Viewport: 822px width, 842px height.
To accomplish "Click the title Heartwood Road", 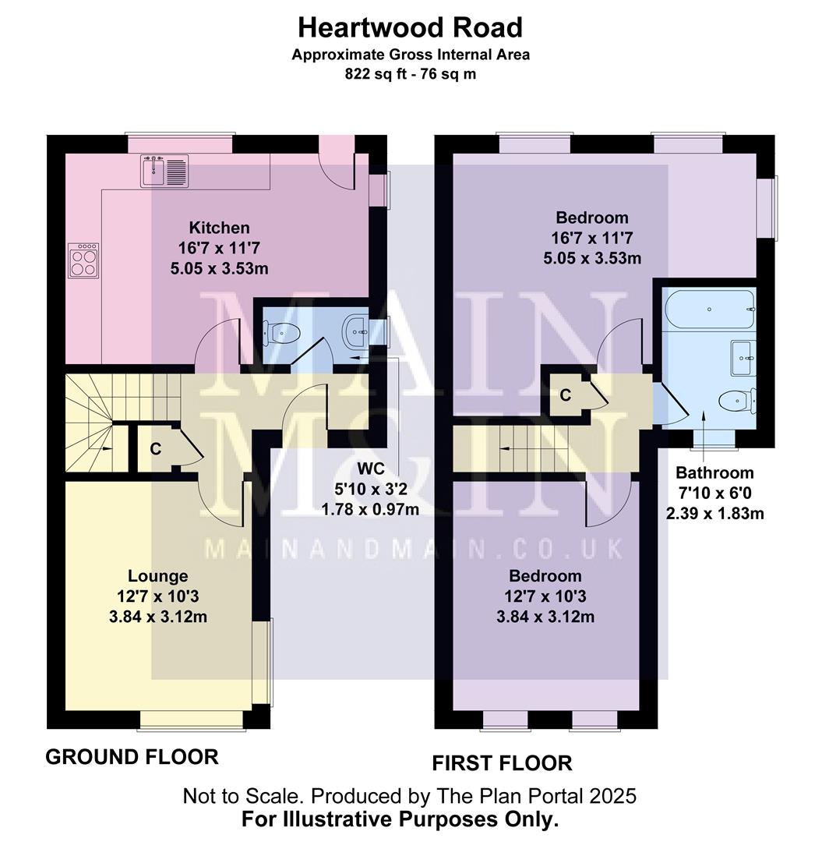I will click(x=411, y=28).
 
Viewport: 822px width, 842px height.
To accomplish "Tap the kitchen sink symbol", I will click(x=164, y=171).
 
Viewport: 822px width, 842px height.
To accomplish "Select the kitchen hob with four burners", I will click(x=85, y=260).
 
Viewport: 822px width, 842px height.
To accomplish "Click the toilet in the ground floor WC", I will click(x=281, y=333).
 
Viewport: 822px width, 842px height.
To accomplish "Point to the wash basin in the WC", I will click(x=358, y=331).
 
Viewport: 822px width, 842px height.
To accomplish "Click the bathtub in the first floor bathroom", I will click(x=710, y=309).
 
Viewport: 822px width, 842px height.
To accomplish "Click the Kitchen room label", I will click(x=220, y=228).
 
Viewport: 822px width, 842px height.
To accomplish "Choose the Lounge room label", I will click(x=158, y=576).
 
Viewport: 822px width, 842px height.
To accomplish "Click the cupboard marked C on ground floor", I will click(x=155, y=449).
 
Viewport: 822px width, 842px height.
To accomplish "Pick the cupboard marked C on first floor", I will click(x=566, y=395).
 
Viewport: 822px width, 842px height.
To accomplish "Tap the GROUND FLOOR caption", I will click(x=132, y=756).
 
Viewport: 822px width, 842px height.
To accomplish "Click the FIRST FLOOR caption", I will click(x=502, y=762).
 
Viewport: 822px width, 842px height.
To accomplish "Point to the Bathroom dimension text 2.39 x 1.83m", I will click(x=714, y=513).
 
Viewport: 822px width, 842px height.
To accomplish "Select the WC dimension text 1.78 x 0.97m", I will click(x=370, y=510).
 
